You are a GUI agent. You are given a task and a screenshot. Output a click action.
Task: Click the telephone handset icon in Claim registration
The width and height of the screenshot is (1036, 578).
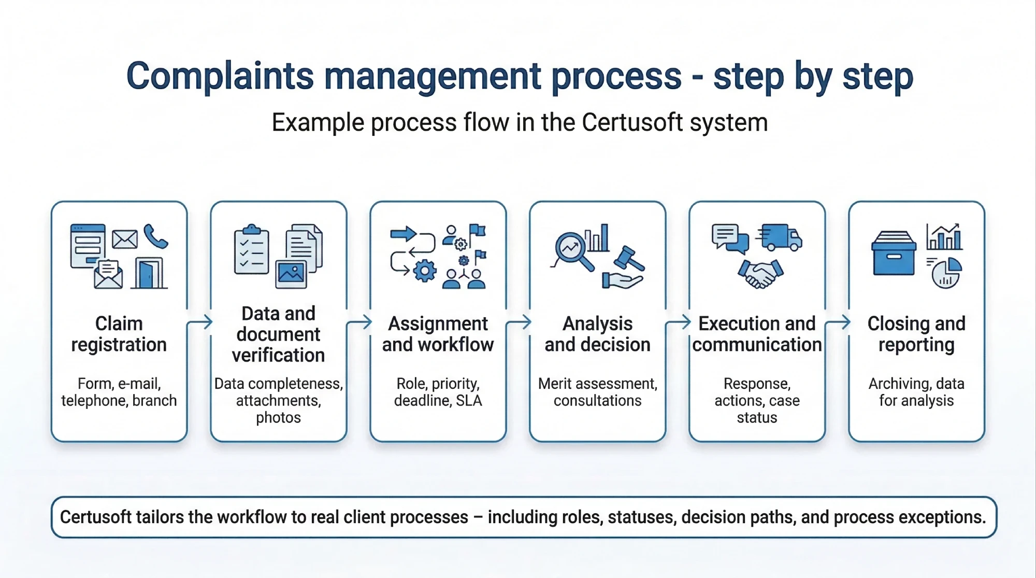click(155, 236)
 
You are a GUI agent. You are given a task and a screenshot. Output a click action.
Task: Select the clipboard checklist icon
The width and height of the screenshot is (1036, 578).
click(251, 250)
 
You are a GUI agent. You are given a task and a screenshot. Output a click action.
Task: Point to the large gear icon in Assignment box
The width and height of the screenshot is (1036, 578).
click(425, 271)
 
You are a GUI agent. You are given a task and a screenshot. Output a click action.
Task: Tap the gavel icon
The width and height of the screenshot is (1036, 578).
click(629, 259)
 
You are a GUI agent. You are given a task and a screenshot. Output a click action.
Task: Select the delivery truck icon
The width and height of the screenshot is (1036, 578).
click(781, 238)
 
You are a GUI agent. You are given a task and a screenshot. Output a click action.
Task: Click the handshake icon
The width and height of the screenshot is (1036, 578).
click(760, 274)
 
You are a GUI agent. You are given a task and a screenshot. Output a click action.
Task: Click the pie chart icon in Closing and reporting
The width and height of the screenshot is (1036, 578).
click(946, 273)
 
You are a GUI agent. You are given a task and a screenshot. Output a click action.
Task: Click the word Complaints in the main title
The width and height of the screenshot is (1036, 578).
click(220, 77)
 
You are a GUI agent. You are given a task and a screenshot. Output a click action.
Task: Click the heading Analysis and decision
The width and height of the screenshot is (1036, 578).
click(597, 334)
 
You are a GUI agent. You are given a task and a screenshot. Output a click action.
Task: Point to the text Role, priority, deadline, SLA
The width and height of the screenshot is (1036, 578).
click(438, 392)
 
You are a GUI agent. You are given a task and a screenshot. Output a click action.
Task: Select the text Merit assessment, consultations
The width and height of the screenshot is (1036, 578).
click(597, 392)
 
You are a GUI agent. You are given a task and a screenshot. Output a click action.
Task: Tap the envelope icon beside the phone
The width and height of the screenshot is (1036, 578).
click(125, 239)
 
